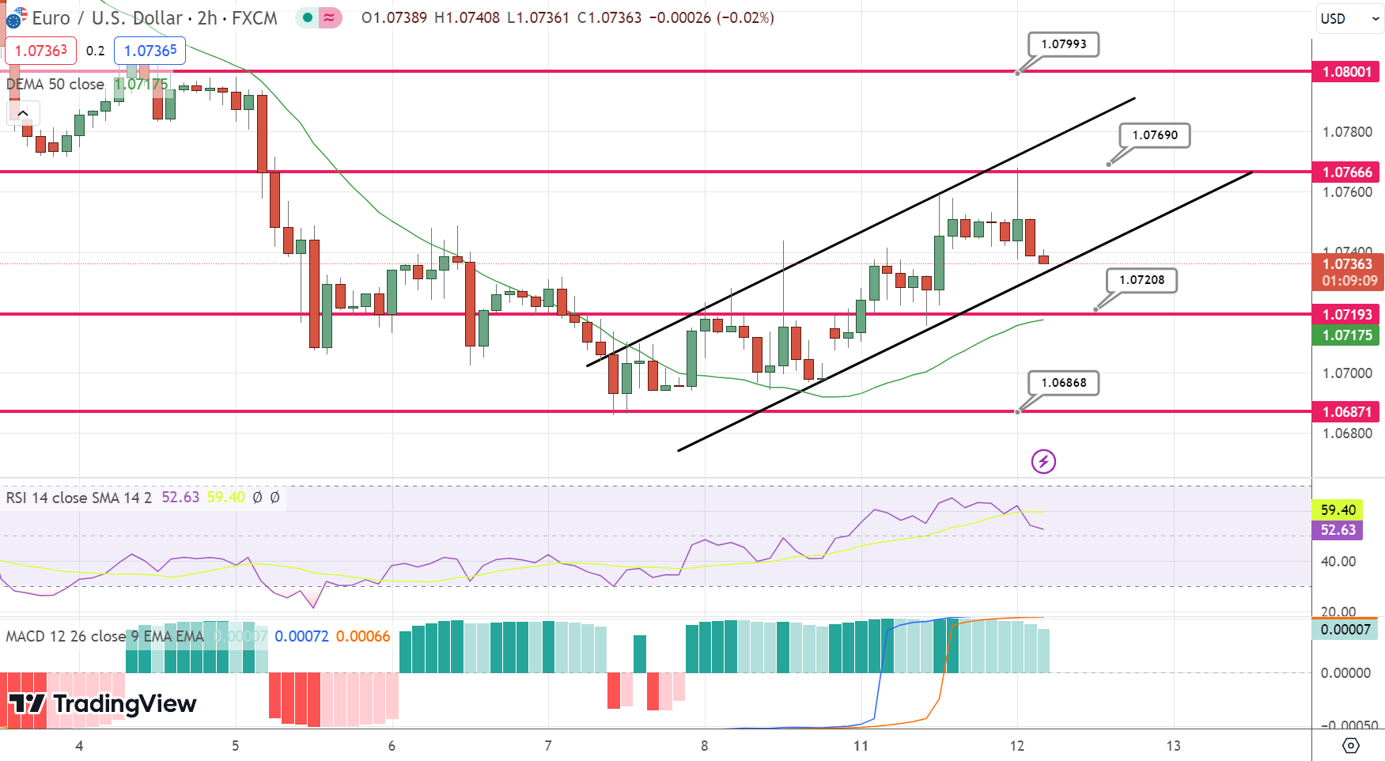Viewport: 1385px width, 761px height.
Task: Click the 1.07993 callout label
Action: click(1063, 44)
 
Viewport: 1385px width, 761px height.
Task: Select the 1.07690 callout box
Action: click(1154, 135)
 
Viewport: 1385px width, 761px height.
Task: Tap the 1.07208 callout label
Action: click(1141, 280)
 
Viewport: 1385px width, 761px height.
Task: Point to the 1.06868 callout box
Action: click(1063, 383)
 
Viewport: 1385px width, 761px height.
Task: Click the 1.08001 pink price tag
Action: click(1346, 72)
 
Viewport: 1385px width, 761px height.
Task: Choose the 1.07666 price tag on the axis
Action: click(1346, 172)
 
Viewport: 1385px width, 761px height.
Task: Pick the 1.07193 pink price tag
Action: click(1346, 315)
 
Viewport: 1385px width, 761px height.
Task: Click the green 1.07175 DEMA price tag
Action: click(1346, 335)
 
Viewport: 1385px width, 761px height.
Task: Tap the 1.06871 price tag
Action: click(1346, 412)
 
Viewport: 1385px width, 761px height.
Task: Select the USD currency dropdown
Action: click(1348, 19)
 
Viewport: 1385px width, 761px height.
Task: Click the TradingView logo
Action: click(103, 703)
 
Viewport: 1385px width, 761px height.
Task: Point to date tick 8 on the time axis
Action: click(704, 746)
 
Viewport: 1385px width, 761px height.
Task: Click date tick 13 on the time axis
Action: click(1173, 746)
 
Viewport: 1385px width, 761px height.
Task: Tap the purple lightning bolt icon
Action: click(1043, 461)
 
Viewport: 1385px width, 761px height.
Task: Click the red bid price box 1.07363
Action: click(41, 51)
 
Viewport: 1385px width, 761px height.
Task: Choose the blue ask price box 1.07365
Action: click(150, 51)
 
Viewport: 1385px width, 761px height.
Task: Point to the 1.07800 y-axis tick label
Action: click(1347, 132)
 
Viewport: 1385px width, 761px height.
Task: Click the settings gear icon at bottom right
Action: click(1350, 745)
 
